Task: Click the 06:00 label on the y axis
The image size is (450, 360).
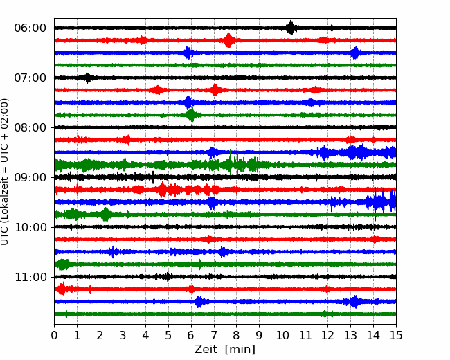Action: point(30,28)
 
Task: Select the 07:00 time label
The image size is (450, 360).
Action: point(30,78)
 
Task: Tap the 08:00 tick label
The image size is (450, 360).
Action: point(30,127)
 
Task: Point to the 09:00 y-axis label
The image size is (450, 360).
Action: point(30,177)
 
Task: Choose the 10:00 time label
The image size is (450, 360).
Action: point(30,227)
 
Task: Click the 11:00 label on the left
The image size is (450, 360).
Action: point(30,277)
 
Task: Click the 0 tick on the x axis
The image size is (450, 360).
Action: point(54,335)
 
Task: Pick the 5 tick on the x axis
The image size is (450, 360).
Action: point(168,335)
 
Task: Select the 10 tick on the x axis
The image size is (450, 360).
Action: point(282,335)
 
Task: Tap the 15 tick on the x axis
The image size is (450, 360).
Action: point(396,335)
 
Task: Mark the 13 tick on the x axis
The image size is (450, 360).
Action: point(350,335)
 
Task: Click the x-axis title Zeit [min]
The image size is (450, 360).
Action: point(225,350)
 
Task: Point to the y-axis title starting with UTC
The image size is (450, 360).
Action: point(5,172)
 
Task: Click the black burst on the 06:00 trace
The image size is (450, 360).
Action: point(291,28)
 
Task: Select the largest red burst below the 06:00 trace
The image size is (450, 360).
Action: point(228,40)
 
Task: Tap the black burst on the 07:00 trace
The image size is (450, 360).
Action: point(88,78)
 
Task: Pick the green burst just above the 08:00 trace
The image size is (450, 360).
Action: point(191,115)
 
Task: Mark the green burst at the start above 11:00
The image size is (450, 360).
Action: point(62,264)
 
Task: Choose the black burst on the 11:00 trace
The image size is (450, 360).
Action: point(166,277)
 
